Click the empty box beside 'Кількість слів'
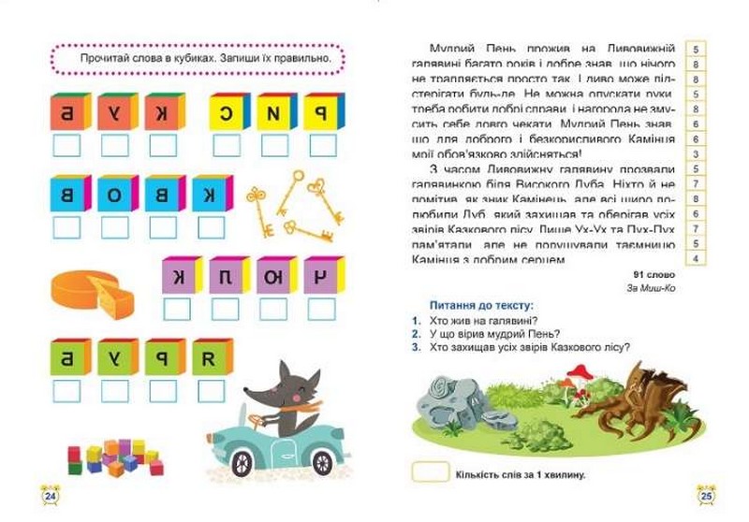[x=432, y=472]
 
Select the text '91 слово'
[x=654, y=273]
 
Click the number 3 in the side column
[x=696, y=154]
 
